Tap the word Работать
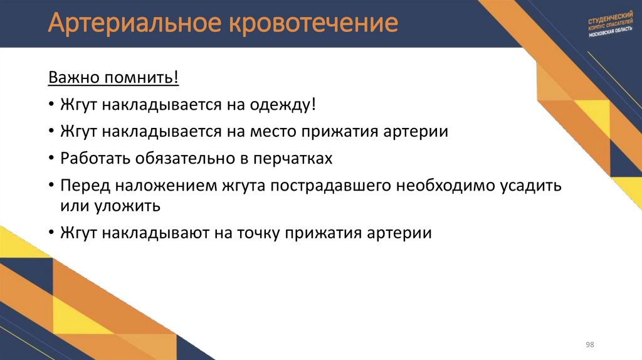(x=93, y=158)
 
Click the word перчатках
(x=292, y=158)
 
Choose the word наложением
(x=162, y=186)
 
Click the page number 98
(x=589, y=346)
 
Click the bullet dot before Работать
(x=50, y=159)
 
